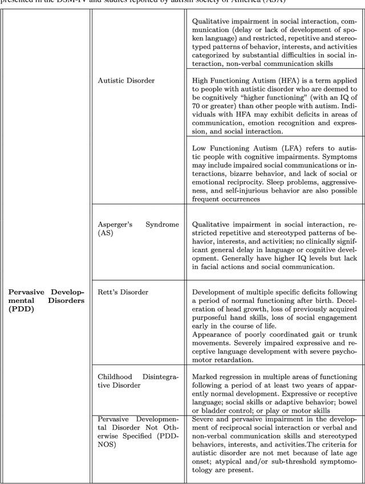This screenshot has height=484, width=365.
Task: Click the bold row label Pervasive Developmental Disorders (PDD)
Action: (46, 301)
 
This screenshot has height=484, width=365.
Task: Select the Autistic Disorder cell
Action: (125, 81)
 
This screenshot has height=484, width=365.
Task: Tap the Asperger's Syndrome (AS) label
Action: (138, 229)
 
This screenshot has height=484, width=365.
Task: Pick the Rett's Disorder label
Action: (123, 292)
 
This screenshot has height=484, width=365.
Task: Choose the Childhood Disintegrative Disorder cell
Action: (138, 381)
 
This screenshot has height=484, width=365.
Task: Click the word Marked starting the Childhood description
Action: (205, 377)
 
